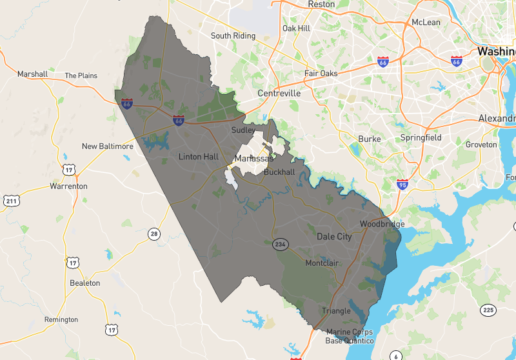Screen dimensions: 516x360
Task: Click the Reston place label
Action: pos(321,5)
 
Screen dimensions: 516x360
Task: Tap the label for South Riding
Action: pos(233,36)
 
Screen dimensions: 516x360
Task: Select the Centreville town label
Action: pos(279,94)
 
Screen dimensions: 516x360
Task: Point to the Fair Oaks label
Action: pos(321,74)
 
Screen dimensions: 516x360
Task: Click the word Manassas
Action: pos(252,159)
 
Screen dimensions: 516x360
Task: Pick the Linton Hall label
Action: pos(199,157)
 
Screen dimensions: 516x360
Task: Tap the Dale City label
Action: pos(334,237)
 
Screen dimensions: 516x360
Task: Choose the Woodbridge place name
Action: pos(382,224)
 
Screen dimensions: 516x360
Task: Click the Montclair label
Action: pos(322,263)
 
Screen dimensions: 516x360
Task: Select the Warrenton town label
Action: pos(68,186)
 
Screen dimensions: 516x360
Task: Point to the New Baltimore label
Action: pos(107,146)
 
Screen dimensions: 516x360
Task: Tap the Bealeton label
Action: pos(84,283)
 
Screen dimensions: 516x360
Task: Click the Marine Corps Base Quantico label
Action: pos(349,336)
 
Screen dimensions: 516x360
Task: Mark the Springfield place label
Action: pos(421,138)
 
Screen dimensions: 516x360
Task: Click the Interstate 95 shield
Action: pos(402,184)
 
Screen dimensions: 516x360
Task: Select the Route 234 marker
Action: pos(279,245)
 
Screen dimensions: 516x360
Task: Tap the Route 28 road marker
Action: pos(153,234)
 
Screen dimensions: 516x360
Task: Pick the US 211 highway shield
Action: pos(11,201)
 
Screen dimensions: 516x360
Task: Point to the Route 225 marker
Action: pos(488,310)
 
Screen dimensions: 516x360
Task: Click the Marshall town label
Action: pos(32,74)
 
